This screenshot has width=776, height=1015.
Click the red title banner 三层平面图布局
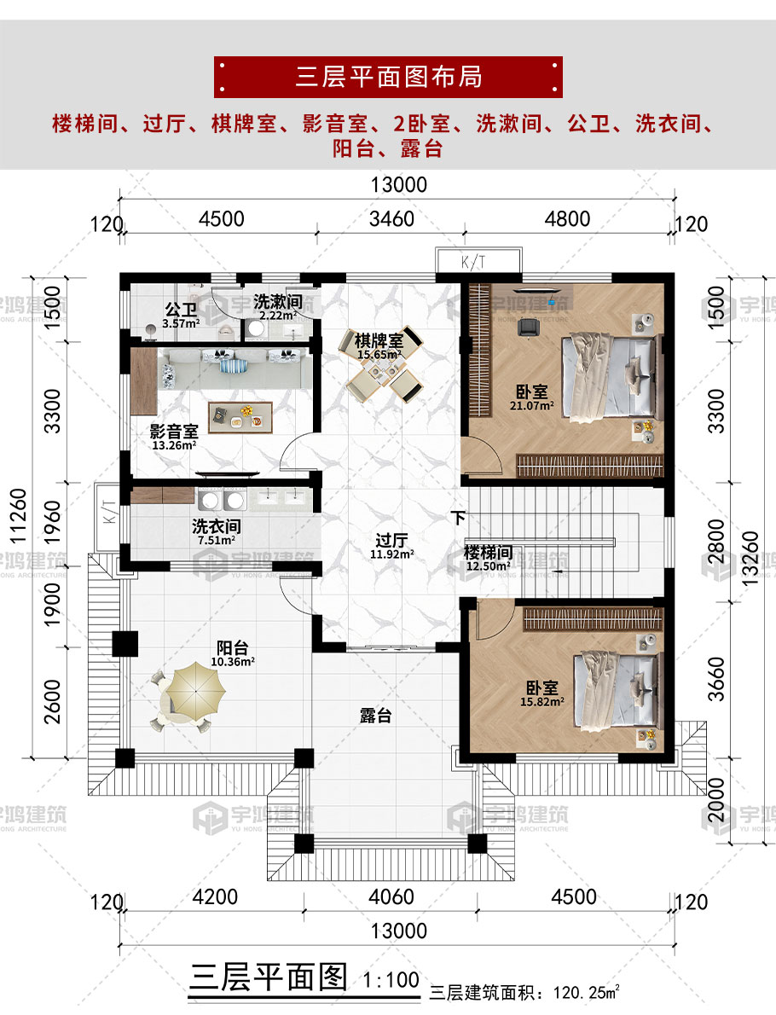[388, 77]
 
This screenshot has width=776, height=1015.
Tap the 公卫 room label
[181, 310]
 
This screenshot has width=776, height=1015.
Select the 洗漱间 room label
[278, 302]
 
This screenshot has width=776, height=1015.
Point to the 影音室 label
[174, 431]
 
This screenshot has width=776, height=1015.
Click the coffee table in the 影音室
[240, 418]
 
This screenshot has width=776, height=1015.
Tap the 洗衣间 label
[216, 526]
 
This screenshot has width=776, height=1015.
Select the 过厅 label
[391, 540]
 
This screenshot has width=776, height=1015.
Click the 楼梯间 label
[488, 552]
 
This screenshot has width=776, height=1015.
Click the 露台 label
[375, 716]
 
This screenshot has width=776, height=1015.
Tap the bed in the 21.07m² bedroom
[611, 377]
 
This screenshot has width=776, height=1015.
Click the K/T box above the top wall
[478, 261]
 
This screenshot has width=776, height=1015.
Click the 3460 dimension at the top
[391, 219]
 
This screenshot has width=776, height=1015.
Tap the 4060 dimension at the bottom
[391, 896]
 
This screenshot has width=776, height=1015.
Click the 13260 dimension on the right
[749, 559]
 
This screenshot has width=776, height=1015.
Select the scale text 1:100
[391, 979]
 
